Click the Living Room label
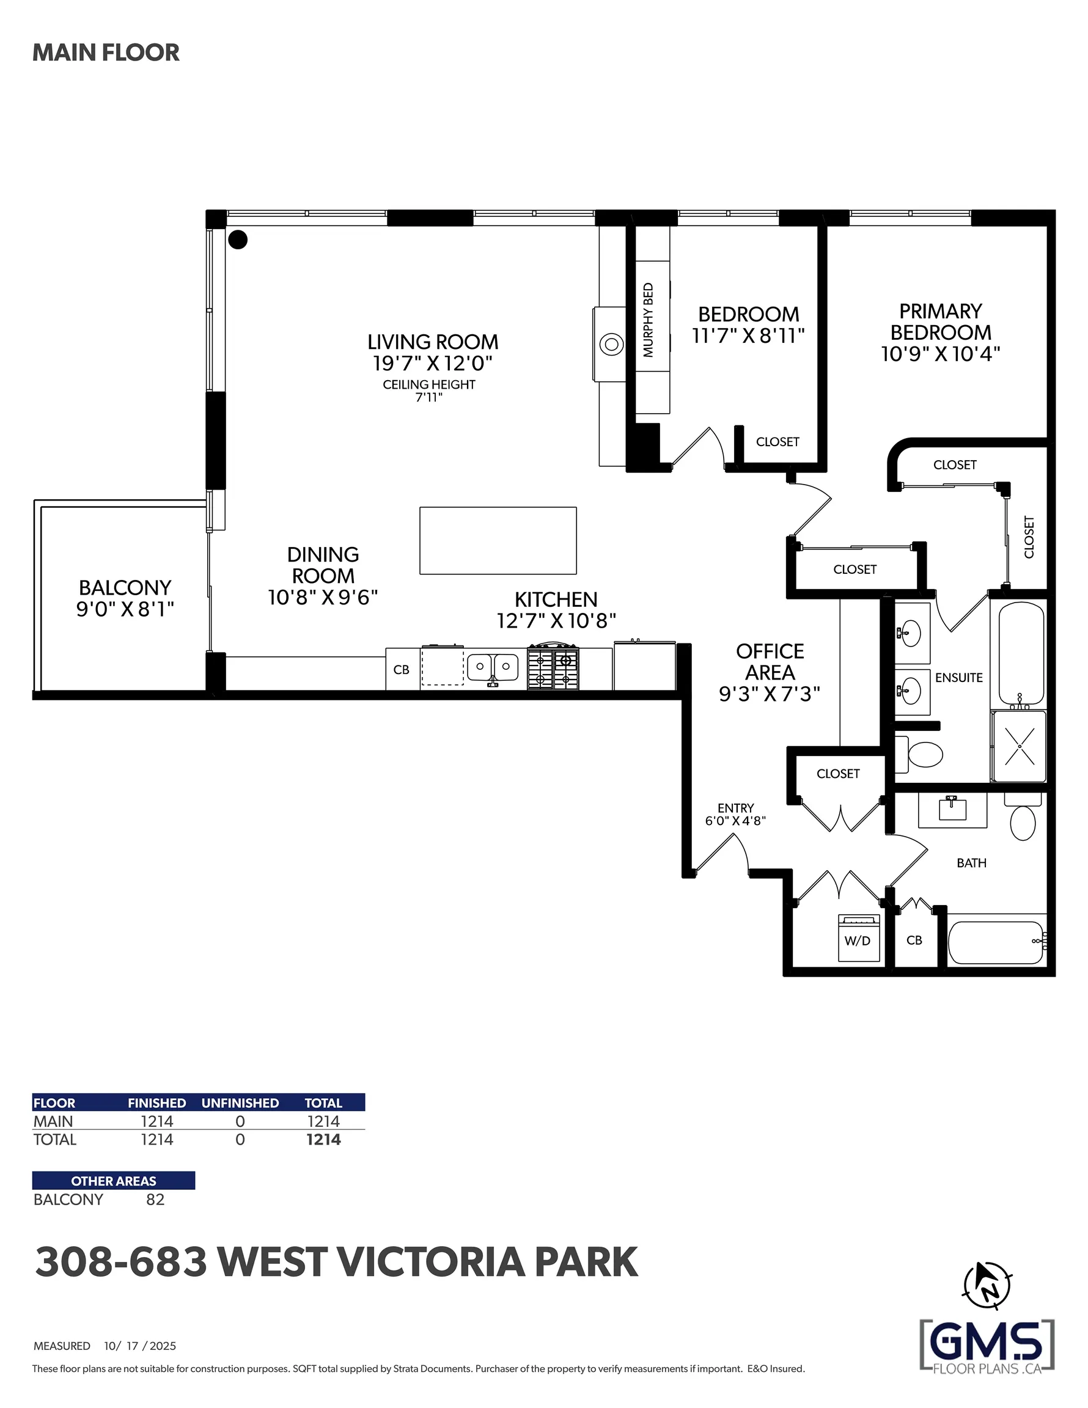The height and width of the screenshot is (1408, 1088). click(433, 342)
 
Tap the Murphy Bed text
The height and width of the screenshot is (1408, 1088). click(648, 320)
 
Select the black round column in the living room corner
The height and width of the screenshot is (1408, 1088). click(238, 240)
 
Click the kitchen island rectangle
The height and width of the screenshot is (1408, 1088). click(498, 540)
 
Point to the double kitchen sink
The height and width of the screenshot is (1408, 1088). click(493, 667)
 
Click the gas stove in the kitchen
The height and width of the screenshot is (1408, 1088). click(553, 667)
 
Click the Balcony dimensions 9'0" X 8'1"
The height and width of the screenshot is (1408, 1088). click(125, 609)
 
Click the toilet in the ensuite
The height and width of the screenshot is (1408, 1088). click(924, 754)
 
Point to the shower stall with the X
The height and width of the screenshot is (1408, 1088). click(1019, 747)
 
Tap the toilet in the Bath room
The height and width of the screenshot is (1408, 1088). click(1023, 821)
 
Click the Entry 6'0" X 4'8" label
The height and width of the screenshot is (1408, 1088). click(735, 814)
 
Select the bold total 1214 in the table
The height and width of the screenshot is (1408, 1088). click(323, 1140)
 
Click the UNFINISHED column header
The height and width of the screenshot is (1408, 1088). click(240, 1103)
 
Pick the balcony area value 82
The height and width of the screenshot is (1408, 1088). click(155, 1200)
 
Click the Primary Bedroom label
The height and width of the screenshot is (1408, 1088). click(940, 321)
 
